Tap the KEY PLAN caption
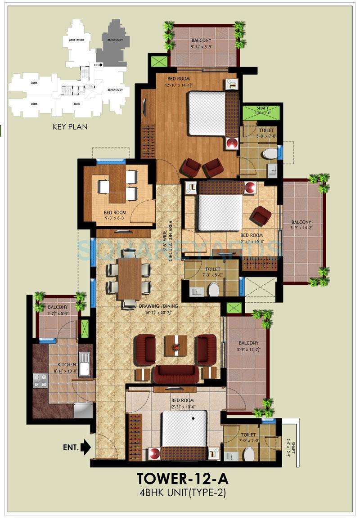coord(70,127)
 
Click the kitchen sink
coord(84,363)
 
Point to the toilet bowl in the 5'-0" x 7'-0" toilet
coord(270,153)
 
